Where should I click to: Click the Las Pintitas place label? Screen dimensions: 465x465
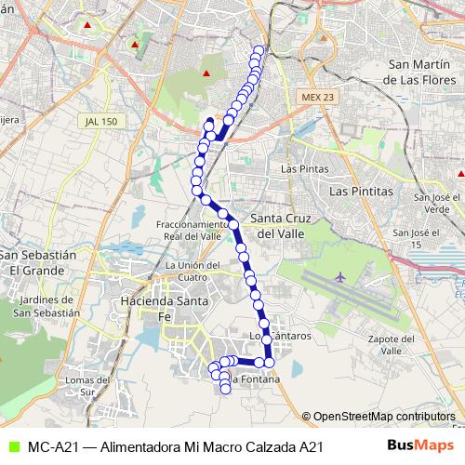coord(362,190)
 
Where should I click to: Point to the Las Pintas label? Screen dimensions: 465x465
coord(300,169)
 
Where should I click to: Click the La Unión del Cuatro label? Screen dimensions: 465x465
coord(192,271)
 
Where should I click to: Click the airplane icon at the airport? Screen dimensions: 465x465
coord(340,277)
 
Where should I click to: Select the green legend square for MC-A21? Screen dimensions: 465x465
coord(10,447)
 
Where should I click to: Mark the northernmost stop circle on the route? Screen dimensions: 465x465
coord(259,52)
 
